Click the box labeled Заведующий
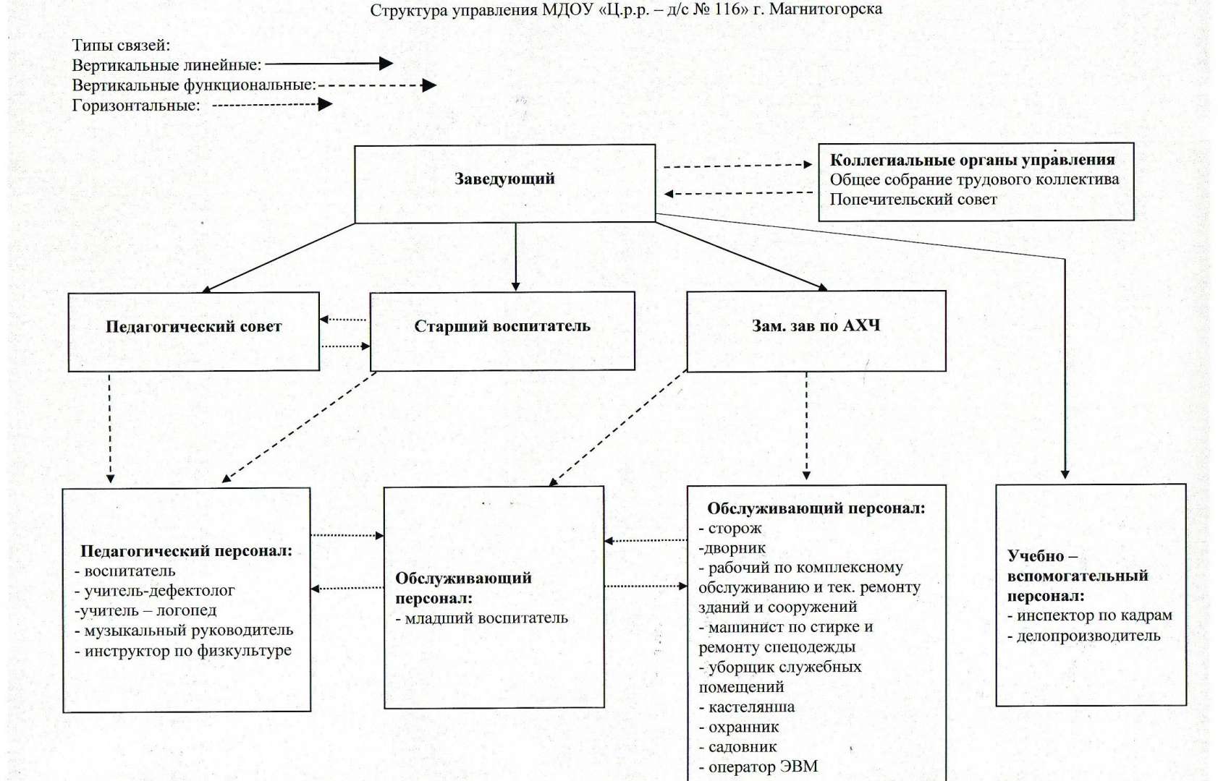504,184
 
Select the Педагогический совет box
193,332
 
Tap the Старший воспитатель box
502,331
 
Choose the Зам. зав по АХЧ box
816,331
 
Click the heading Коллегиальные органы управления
972,160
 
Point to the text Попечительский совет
913,200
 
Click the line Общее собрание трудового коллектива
974,179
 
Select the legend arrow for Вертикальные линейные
329,64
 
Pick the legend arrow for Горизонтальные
272,104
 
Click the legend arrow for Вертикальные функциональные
377,85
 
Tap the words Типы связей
121,45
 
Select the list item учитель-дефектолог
154,590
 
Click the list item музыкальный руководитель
184,630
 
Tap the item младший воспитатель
482,618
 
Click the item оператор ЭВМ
758,767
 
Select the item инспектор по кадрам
1090,615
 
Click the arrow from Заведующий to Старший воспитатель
515,257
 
